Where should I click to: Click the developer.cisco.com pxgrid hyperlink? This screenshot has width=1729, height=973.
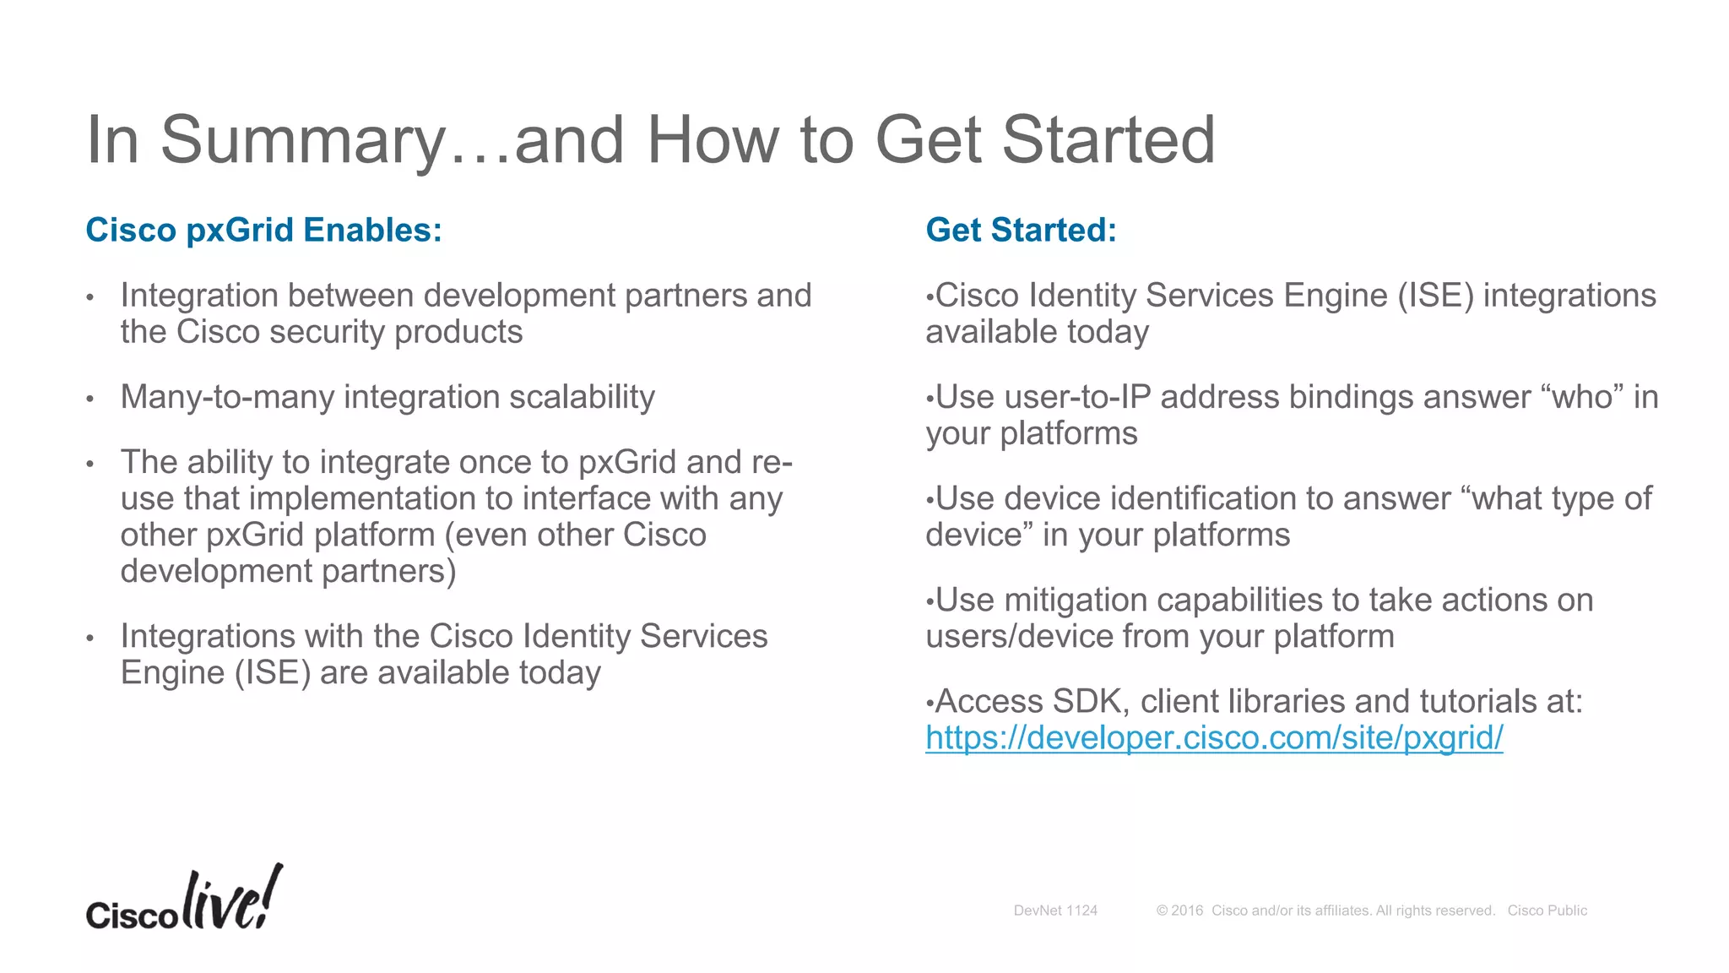pos(1214,737)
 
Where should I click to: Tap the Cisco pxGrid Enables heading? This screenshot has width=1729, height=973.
pos(263,230)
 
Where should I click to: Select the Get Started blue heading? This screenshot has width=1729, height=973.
pos(1021,230)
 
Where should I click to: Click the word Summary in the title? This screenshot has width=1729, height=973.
pos(302,140)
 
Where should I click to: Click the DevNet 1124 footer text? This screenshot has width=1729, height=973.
pos(1055,910)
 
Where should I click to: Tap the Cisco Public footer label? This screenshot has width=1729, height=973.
pos(1547,910)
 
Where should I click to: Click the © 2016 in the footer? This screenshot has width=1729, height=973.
pos(1179,910)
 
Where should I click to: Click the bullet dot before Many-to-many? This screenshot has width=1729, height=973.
pos(89,399)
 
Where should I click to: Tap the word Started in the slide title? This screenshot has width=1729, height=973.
pos(1108,140)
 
